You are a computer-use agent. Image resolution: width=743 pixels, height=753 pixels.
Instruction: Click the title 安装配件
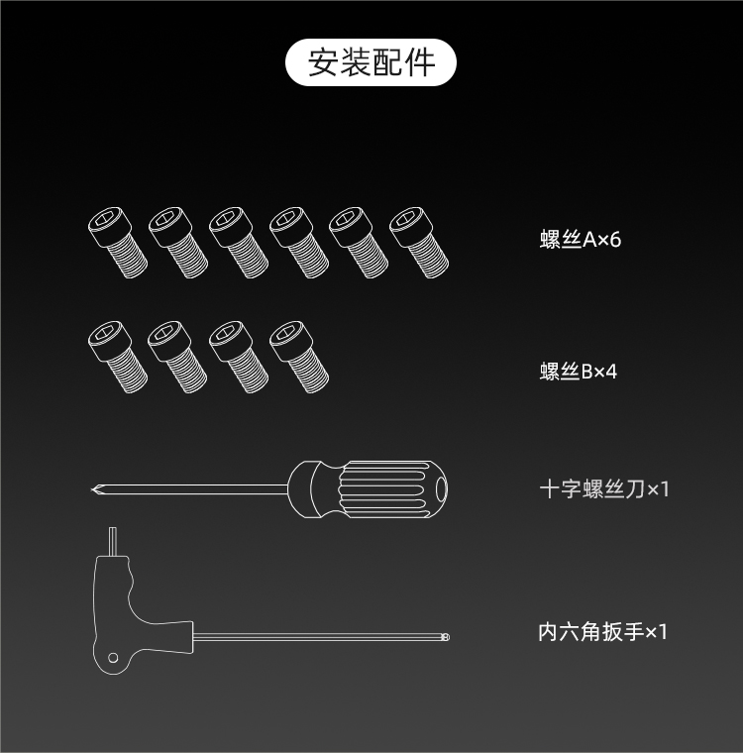pyautogui.click(x=371, y=62)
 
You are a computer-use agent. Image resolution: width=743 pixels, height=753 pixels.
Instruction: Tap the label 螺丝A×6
pyautogui.click(x=581, y=239)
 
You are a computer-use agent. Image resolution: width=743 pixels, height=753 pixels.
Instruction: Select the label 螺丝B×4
pyautogui.click(x=579, y=372)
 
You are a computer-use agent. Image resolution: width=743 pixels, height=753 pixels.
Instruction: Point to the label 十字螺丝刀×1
pyautogui.click(x=604, y=489)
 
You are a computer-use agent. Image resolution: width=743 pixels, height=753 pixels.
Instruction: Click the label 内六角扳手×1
pyautogui.click(x=602, y=631)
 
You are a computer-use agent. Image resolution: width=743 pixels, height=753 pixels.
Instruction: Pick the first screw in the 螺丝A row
pyautogui.click(x=118, y=243)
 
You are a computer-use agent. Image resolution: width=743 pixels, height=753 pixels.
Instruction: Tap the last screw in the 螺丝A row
pyautogui.click(x=419, y=243)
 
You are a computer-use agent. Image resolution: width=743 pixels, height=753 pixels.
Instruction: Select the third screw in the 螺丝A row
pyautogui.click(x=239, y=243)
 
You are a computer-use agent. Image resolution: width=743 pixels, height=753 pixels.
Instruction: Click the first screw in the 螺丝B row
pyautogui.click(x=118, y=357)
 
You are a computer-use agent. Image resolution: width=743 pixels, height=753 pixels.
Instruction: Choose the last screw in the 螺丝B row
pyautogui.click(x=299, y=357)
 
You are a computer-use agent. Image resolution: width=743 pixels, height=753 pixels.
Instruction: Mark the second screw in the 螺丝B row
pyautogui.click(x=178, y=357)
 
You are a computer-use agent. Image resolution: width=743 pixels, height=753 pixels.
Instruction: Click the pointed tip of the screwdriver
pyautogui.click(x=92, y=489)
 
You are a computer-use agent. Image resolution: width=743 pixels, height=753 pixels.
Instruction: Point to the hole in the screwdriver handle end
pyautogui.click(x=442, y=489)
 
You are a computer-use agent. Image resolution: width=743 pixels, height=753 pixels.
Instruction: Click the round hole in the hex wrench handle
pyautogui.click(x=113, y=658)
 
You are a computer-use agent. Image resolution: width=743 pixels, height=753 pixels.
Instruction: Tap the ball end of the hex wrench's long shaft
pyautogui.click(x=445, y=637)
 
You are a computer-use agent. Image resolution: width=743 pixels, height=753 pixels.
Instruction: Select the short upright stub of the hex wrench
pyautogui.click(x=112, y=542)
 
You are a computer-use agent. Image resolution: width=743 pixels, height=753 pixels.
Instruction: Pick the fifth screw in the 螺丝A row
pyautogui.click(x=359, y=243)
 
